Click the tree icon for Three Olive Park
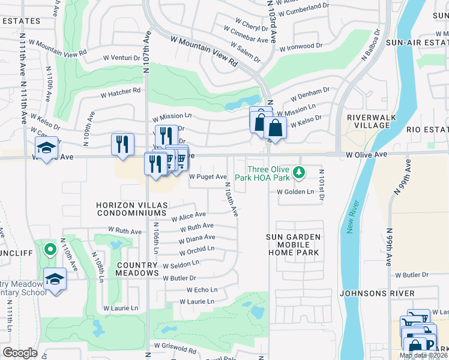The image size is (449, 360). (298, 173)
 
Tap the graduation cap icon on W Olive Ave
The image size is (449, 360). (46, 147)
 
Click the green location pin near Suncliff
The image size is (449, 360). (50, 248)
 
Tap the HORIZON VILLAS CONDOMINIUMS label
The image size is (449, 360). (130, 209)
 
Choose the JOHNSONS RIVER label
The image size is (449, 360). (376, 293)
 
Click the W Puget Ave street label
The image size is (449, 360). (208, 176)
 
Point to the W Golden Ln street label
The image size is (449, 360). (295, 192)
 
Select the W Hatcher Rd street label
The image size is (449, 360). (120, 92)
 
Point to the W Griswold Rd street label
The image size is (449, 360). (175, 347)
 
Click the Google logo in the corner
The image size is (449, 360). (20, 353)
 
